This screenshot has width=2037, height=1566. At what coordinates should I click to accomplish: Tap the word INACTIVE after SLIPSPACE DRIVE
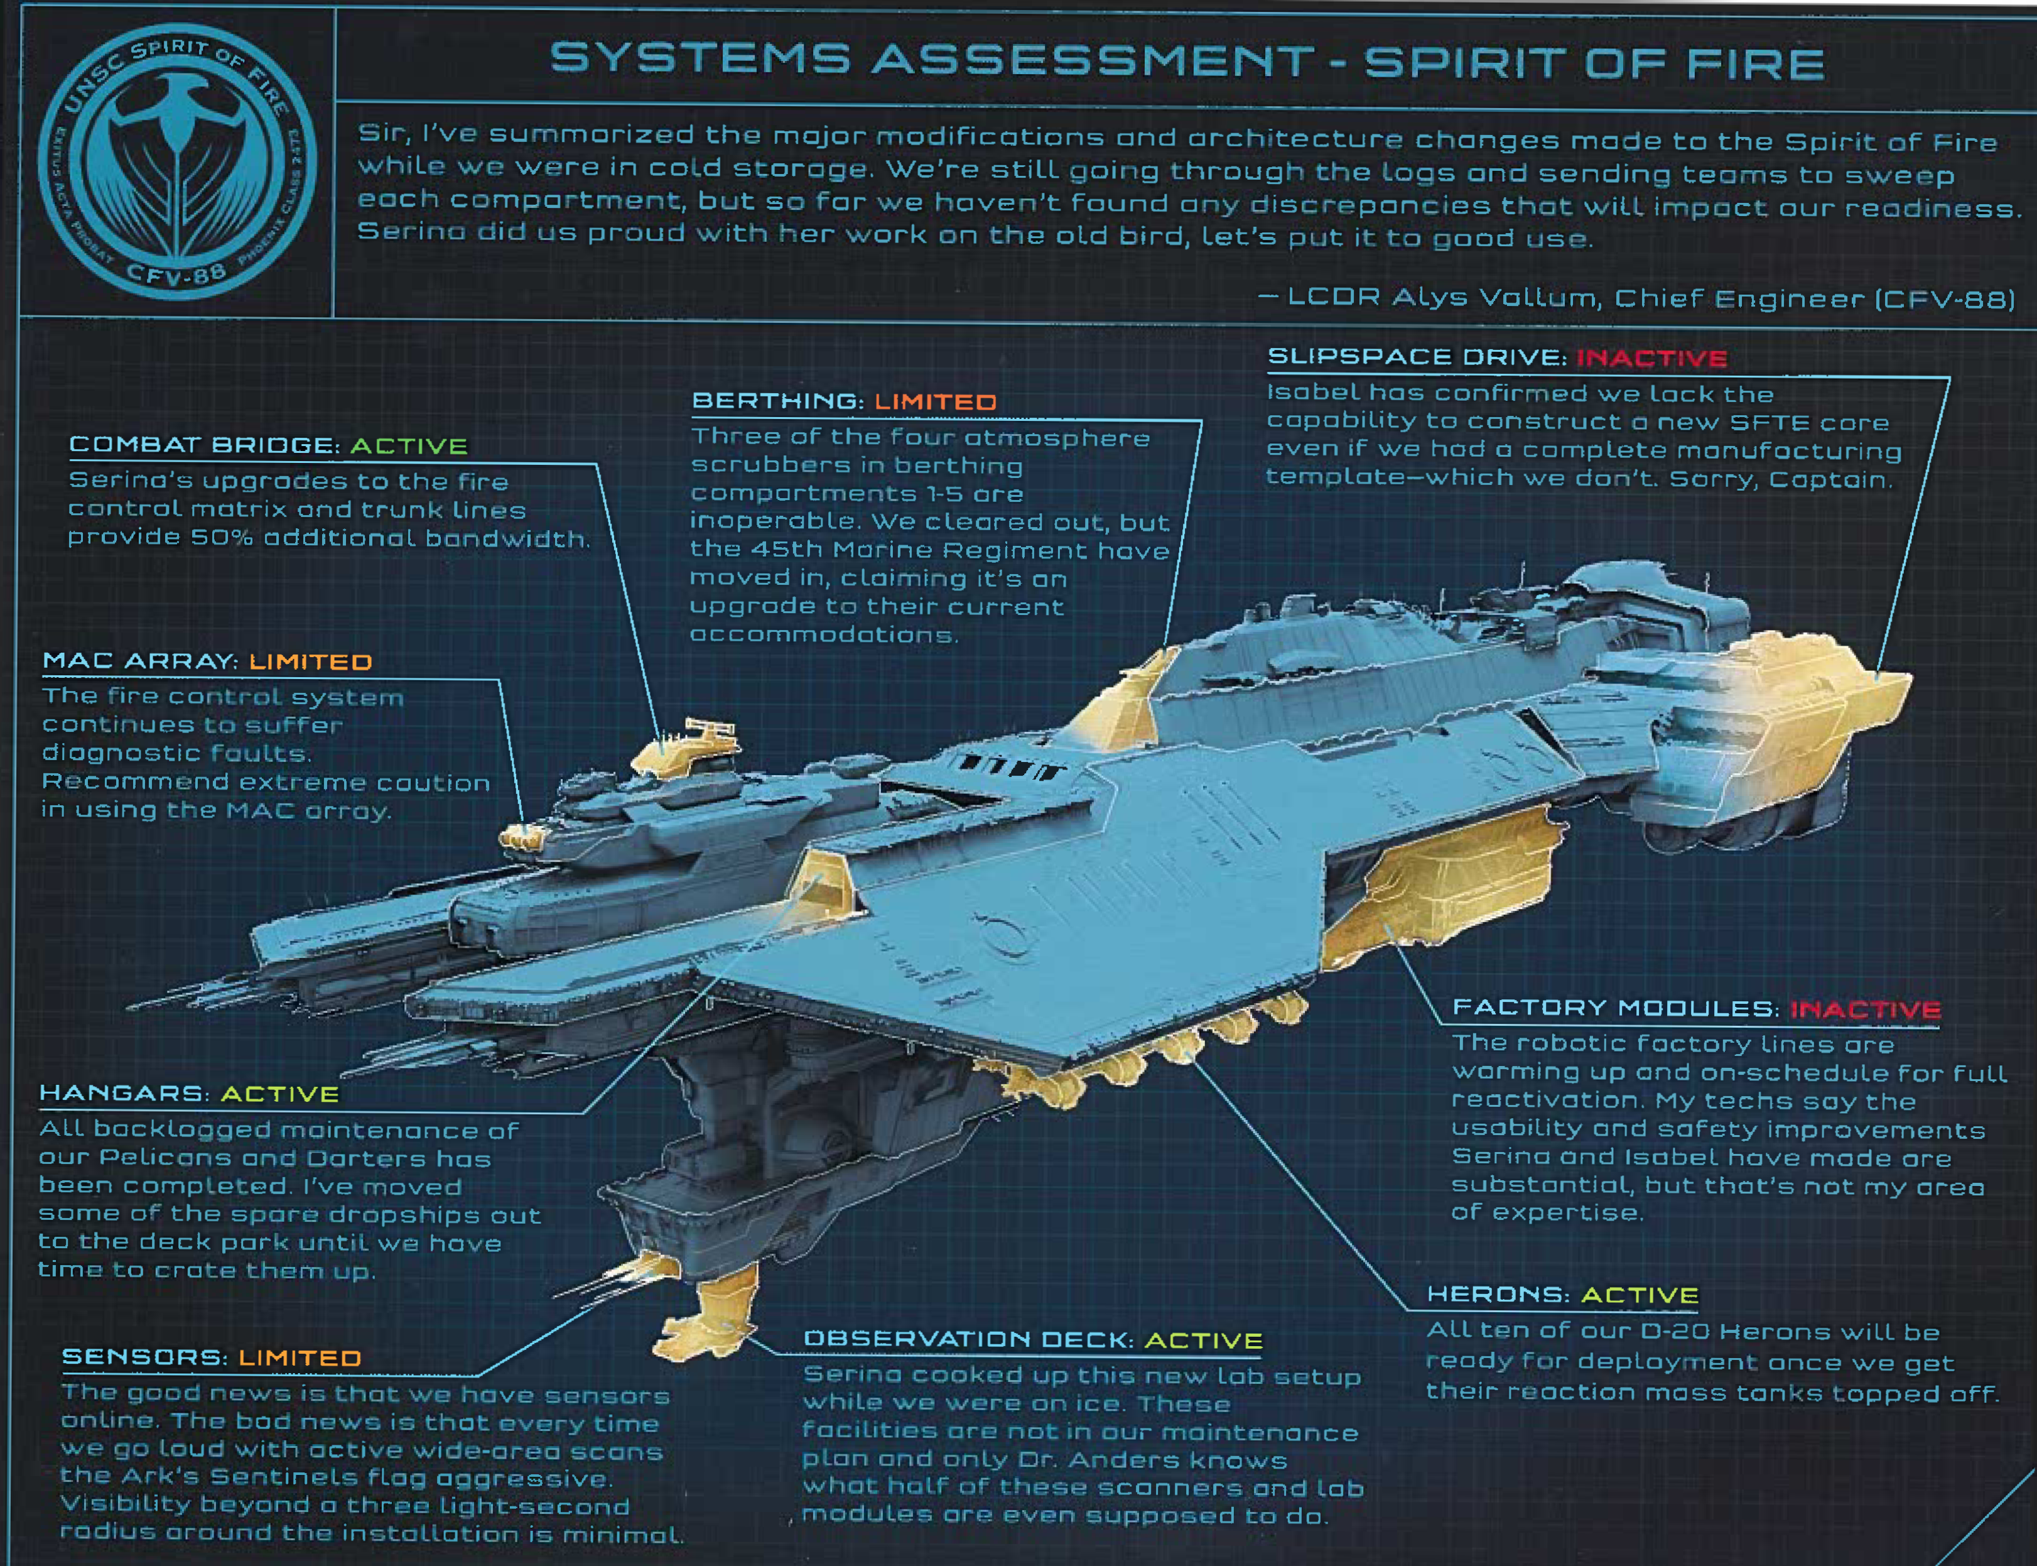pos(1651,358)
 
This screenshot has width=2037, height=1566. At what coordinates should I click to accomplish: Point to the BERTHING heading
pos(778,401)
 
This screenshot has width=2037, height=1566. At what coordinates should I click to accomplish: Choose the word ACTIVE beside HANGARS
pos(279,1094)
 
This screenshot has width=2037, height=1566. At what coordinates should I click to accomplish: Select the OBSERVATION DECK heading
pos(968,1339)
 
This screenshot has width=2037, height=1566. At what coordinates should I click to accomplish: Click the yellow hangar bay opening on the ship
pos(820,881)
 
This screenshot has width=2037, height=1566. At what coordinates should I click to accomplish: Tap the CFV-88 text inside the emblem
pos(177,271)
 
